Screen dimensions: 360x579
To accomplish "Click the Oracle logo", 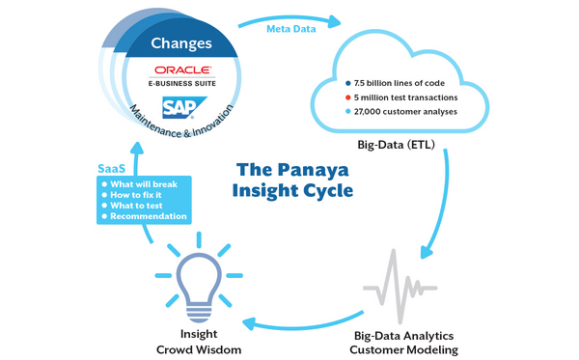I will tap(177, 71).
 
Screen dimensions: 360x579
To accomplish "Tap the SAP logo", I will tap(178, 105).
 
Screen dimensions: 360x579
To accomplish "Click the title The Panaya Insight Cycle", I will tap(292, 180).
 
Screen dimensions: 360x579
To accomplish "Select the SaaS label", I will tap(112, 169).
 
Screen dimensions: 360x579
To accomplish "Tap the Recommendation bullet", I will tap(148, 217).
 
